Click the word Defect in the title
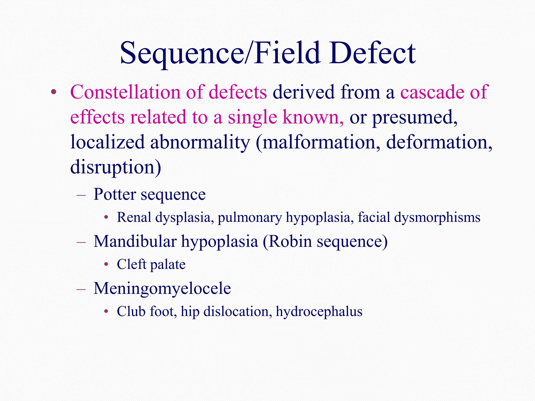pos(372,53)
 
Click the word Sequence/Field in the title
pos(220,53)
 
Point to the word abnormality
pos(200,143)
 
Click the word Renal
pos(134,217)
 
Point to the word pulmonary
pos(250,217)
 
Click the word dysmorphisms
pos(437,217)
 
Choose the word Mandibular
pos(135,241)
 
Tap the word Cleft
pos(131,264)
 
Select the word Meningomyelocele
pos(162,288)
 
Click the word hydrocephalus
pos(319,311)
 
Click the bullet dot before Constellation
pos(54,92)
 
